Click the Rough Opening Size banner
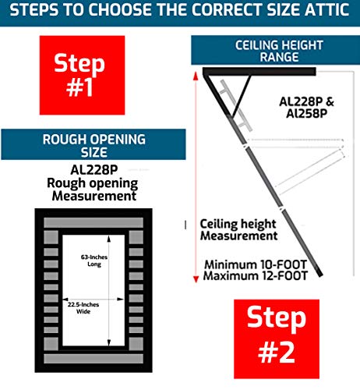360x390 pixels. [x=93, y=144]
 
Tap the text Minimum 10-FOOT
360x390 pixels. [x=254, y=263]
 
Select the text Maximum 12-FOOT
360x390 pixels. [x=254, y=275]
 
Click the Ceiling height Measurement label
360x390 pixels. [x=238, y=229]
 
